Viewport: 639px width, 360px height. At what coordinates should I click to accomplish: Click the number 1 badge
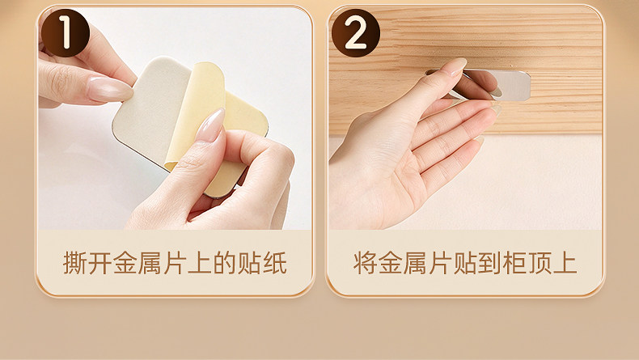click(66, 33)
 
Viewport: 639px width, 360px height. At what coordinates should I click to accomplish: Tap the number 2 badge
click(355, 33)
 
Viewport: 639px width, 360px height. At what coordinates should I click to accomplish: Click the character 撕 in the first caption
click(75, 263)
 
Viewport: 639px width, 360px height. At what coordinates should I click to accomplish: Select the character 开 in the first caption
click(99, 263)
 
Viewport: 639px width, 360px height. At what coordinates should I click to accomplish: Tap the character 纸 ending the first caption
click(275, 263)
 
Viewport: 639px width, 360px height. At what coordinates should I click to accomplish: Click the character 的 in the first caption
click(225, 263)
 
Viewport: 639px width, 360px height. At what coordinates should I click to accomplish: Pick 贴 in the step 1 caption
click(250, 263)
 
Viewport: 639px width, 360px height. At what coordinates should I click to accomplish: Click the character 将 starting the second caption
click(365, 263)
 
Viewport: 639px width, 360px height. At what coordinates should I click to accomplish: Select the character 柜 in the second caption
click(515, 263)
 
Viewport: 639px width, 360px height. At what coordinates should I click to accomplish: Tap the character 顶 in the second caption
click(540, 263)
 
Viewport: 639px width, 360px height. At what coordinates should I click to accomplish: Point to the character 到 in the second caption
click(490, 263)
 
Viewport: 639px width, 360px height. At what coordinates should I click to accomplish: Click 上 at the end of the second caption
click(565, 263)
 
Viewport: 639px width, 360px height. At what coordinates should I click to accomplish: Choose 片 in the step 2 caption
click(440, 263)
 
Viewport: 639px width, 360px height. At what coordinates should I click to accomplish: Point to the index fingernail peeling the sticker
click(210, 125)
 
